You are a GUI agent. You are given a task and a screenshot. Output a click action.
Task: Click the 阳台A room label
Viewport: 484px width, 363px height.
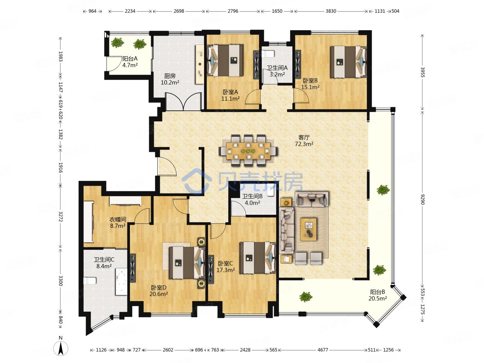(130, 58)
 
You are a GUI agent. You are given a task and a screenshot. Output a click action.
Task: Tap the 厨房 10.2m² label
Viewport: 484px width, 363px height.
(170, 79)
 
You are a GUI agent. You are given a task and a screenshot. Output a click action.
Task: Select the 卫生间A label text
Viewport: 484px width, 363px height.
(277, 68)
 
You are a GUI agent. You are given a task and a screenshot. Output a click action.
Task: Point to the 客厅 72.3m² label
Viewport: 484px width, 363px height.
(304, 140)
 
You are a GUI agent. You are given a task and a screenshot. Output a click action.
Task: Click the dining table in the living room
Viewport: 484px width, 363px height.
(248, 151)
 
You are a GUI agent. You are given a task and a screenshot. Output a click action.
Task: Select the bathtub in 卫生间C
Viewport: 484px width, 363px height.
(121, 281)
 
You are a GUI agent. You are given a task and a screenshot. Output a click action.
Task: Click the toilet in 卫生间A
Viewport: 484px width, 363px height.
(269, 54)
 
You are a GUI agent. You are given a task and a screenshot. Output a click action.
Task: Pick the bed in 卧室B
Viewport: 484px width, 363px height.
(349, 62)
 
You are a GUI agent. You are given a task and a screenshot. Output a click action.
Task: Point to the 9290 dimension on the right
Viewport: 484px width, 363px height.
(422, 199)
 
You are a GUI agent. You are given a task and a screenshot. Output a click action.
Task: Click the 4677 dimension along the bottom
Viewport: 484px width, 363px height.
(323, 350)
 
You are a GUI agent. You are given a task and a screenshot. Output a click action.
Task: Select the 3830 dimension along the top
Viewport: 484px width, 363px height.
(331, 11)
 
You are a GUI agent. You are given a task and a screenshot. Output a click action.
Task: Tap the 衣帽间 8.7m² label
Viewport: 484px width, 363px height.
(118, 223)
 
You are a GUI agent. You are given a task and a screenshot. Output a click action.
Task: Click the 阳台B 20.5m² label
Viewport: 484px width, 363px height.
(377, 295)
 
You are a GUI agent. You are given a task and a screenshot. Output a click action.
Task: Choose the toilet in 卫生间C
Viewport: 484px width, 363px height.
(90, 281)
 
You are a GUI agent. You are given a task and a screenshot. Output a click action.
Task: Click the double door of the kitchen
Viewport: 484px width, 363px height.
(184, 102)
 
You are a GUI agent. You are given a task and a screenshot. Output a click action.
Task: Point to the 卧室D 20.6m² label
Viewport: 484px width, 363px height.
(159, 291)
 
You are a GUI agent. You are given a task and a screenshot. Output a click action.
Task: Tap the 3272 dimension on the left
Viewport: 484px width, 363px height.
(61, 217)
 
